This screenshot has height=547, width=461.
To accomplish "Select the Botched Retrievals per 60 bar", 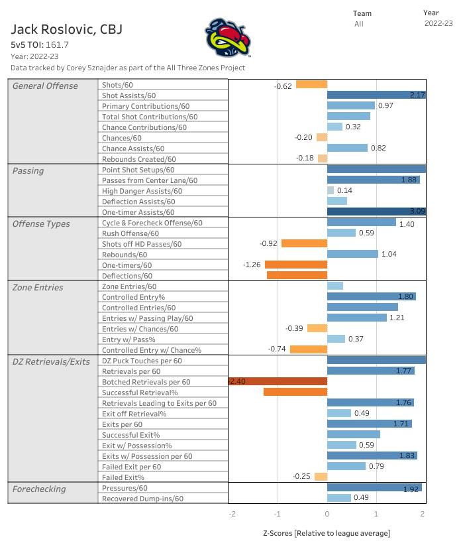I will click(x=278, y=382).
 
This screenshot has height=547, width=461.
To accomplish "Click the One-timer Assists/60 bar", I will click(x=376, y=212).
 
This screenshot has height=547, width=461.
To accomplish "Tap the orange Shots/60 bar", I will click(x=311, y=85).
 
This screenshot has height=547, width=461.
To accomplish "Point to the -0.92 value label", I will click(x=268, y=244).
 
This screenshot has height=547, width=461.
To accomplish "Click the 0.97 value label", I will click(x=386, y=106).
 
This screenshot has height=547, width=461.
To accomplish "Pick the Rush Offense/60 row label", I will click(x=130, y=233).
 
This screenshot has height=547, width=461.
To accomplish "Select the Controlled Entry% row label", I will click(x=133, y=297).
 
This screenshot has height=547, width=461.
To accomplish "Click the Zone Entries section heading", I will click(x=38, y=287).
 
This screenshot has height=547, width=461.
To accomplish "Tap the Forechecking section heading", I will click(x=39, y=489).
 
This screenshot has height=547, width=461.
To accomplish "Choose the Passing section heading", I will click(x=28, y=170).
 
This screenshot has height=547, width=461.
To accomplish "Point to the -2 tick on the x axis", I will click(x=232, y=514).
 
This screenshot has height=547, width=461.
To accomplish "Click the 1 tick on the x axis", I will click(x=376, y=514).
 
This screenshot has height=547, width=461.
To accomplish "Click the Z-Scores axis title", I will click(x=327, y=533).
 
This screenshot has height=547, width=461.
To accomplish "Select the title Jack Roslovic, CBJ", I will click(x=66, y=30).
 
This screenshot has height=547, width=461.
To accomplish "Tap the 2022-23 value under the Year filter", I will click(x=438, y=23).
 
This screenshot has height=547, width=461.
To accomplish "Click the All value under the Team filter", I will click(x=358, y=24).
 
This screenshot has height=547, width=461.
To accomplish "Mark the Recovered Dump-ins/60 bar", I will click(x=339, y=499).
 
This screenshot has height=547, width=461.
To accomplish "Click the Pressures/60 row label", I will click(x=125, y=488).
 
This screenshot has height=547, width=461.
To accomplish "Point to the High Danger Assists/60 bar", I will click(x=331, y=191).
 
